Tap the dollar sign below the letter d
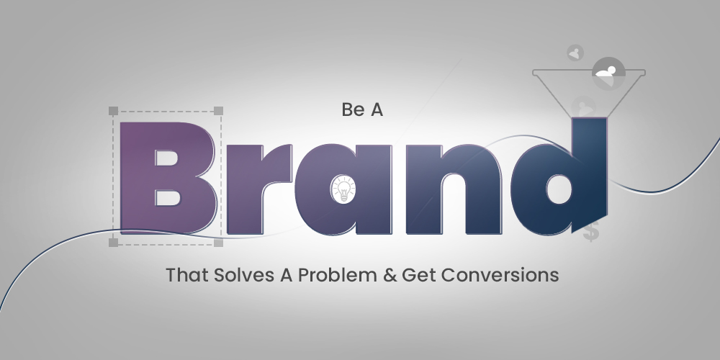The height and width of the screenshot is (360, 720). pyautogui.click(x=592, y=233)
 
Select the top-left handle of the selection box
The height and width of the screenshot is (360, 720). pyautogui.click(x=113, y=111)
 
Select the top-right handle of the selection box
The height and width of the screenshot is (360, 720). pyautogui.click(x=219, y=111)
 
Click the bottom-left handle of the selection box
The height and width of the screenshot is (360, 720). pyautogui.click(x=113, y=243)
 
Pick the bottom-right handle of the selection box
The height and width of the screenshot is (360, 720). pyautogui.click(x=219, y=243)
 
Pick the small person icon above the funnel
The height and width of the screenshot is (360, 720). pyautogui.click(x=575, y=53)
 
